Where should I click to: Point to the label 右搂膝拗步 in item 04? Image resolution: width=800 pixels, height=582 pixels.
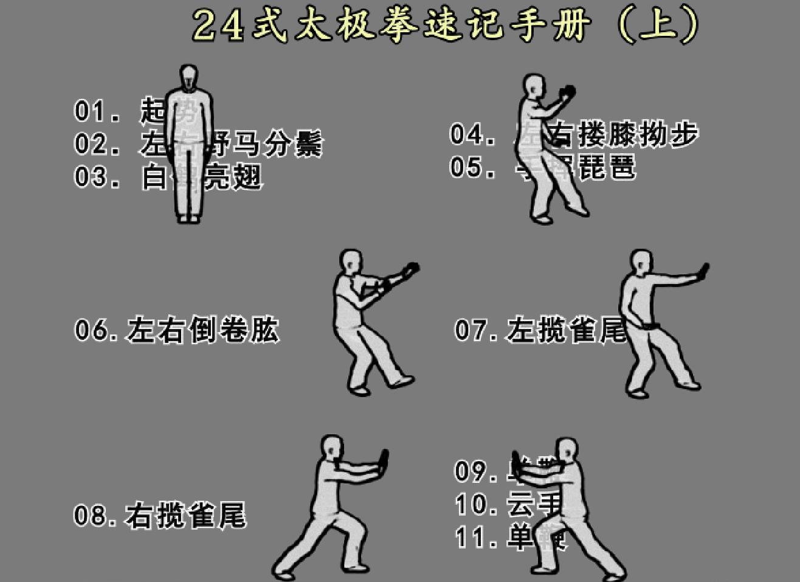623,134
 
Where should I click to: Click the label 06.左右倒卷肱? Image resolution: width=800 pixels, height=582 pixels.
176,330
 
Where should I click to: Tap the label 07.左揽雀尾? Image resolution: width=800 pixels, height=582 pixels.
540,330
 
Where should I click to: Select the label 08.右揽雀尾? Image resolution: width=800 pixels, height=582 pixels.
160,516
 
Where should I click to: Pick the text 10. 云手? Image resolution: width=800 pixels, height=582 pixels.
508,504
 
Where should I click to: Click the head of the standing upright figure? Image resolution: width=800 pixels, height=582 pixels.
188,77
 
